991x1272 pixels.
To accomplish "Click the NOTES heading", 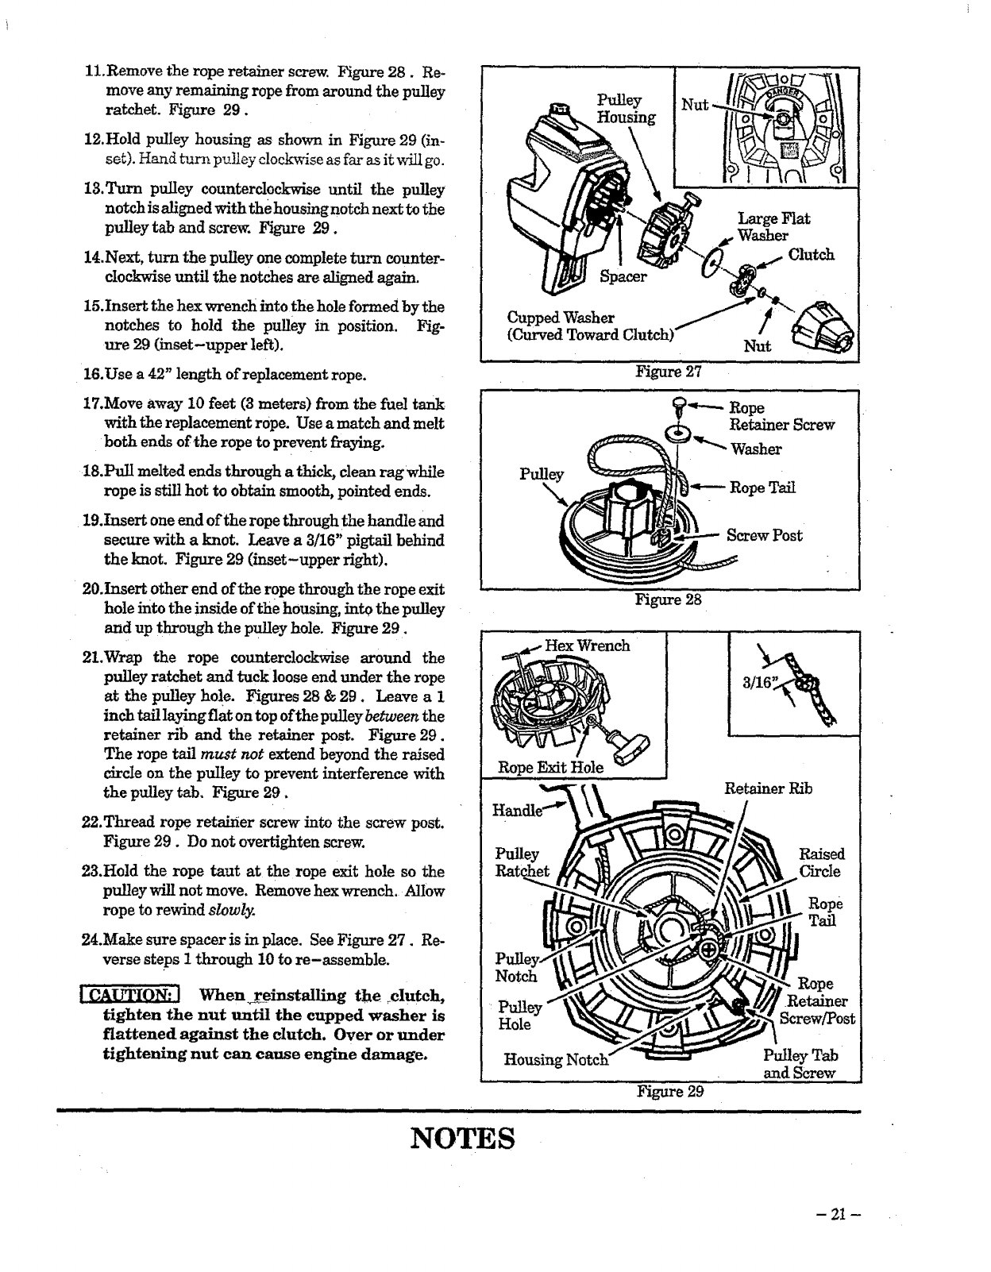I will [463, 1138].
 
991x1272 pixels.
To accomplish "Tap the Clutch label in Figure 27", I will [811, 255].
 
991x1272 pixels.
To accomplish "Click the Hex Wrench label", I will [587, 646].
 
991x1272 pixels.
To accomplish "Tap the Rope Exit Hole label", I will [550, 767].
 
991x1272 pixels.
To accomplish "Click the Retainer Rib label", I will [768, 788].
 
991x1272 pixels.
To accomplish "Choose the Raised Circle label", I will [821, 863].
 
